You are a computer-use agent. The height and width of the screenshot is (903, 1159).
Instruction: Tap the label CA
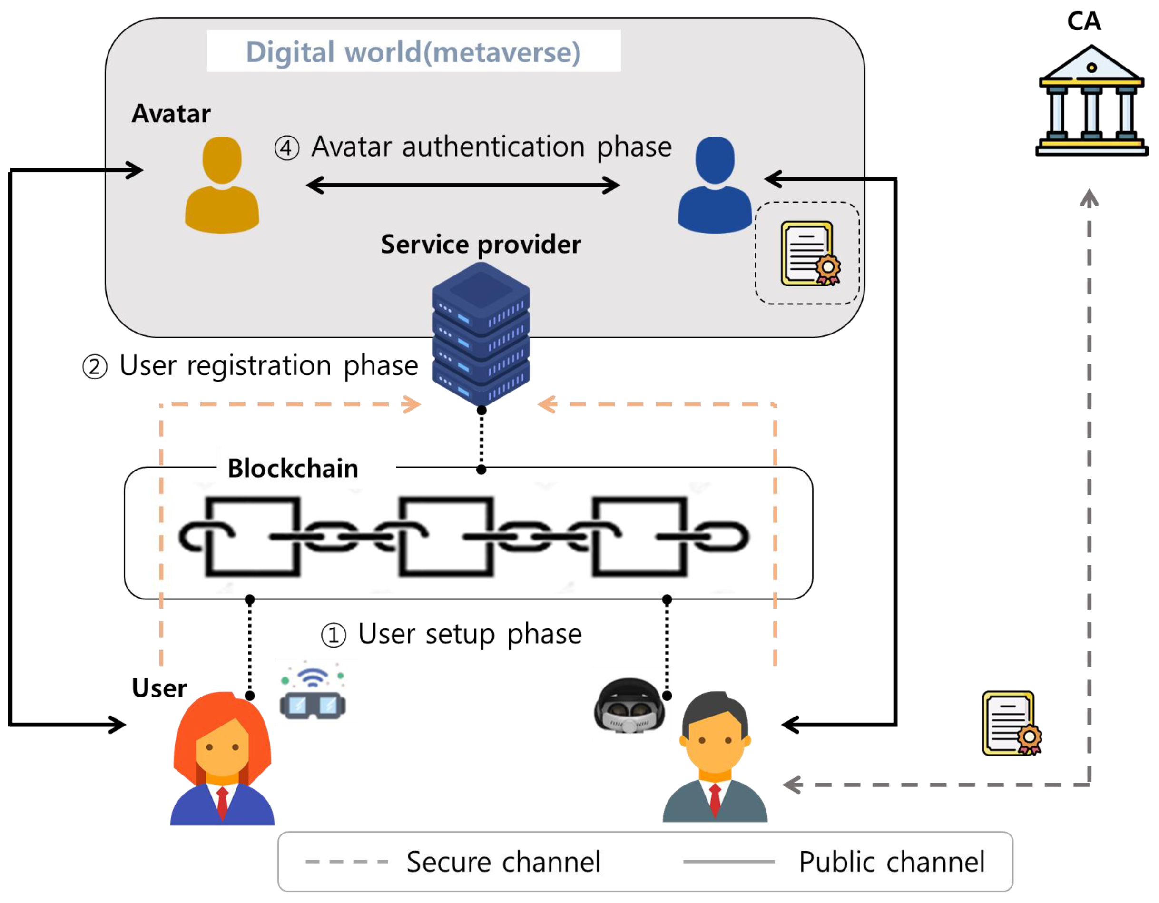click(1084, 21)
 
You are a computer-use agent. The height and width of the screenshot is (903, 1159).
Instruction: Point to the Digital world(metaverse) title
click(413, 52)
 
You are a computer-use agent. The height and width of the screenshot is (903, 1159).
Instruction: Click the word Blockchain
click(293, 469)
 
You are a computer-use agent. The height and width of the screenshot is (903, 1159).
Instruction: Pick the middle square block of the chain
click(446, 536)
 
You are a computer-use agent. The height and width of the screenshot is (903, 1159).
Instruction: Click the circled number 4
click(286, 148)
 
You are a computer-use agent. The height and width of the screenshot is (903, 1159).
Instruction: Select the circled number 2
click(95, 367)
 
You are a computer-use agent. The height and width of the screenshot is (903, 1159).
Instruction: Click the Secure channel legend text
click(503, 862)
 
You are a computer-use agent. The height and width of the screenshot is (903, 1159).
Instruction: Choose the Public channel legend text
click(892, 862)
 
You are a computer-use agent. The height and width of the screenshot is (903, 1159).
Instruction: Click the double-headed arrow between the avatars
click(463, 185)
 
